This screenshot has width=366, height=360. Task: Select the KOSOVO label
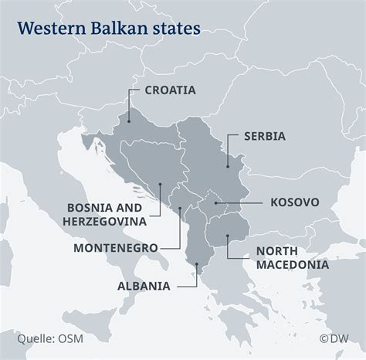pos(294,202)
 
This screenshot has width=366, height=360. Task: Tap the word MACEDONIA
pos(293,264)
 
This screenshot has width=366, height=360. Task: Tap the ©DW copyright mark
pos(335,337)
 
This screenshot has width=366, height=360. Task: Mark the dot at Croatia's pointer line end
pos(129,120)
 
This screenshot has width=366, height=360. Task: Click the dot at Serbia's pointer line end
pos(227,166)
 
